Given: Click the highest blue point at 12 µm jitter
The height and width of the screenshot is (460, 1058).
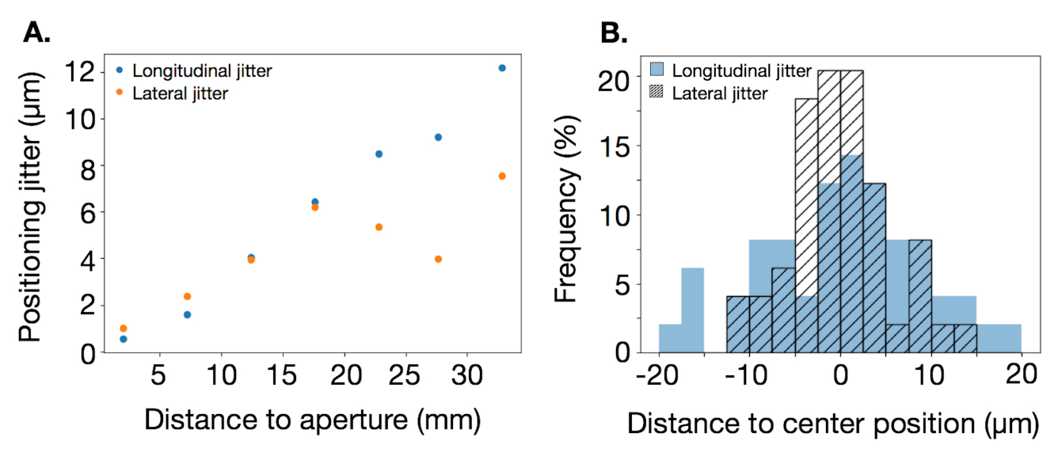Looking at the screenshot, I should pos(501,68).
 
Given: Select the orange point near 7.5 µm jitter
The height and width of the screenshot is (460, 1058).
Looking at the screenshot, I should pos(501,176).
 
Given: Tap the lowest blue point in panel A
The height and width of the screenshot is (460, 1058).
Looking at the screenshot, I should pos(123,339).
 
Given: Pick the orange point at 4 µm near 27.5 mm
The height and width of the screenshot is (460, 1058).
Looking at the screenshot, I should pos(438,259).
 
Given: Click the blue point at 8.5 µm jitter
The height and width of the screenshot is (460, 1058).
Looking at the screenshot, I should pos(379,154).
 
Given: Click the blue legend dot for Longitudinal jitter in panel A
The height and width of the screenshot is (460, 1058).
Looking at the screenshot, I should pos(120,70).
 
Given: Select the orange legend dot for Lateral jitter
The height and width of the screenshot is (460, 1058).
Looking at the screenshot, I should pos(120,93).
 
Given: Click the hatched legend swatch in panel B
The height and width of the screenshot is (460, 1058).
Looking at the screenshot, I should pos(657,93).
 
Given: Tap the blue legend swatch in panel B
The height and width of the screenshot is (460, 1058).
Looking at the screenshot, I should pos(657,70).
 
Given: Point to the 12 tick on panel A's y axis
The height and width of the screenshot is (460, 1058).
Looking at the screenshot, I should pos(80,72).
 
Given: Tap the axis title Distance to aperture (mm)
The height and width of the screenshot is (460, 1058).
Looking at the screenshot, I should pos(312,420).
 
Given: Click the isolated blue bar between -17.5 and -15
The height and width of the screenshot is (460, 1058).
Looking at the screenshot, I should pos(692,310).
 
